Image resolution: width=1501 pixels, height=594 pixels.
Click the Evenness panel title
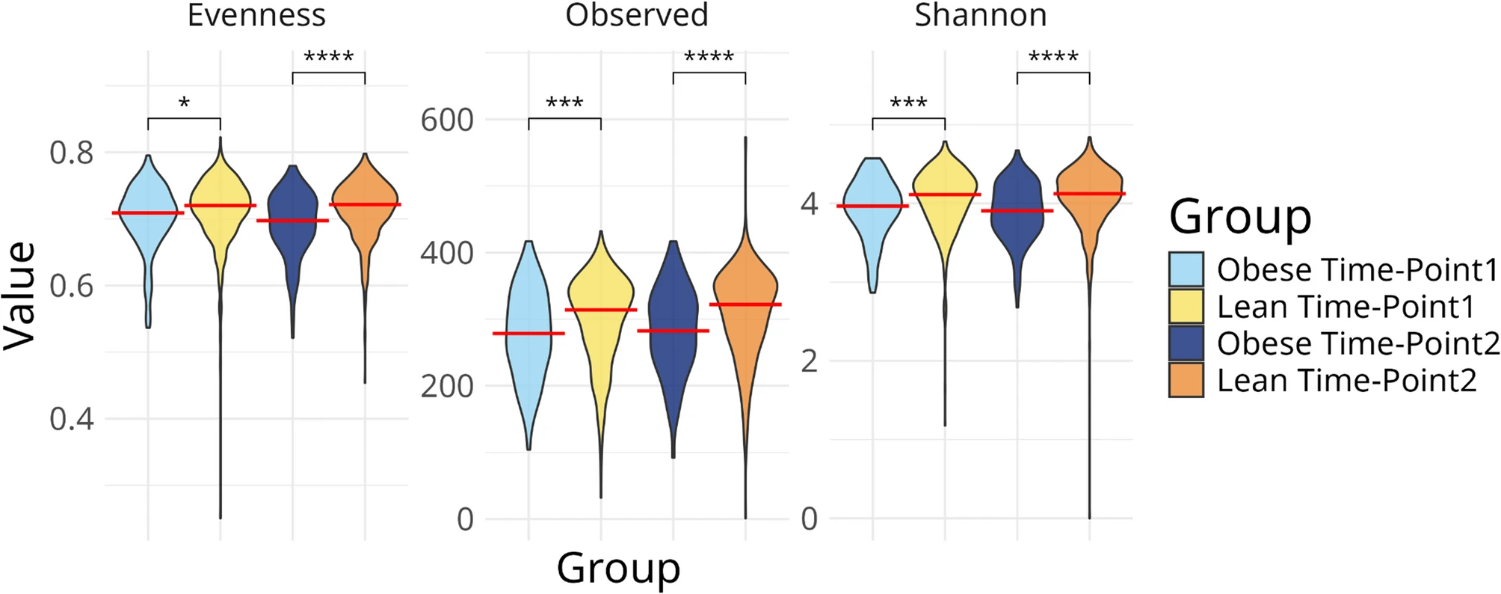256,15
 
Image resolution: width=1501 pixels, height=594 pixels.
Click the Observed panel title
636,15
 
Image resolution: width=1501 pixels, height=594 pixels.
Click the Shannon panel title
980,15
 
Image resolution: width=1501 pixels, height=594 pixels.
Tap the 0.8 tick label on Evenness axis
72,153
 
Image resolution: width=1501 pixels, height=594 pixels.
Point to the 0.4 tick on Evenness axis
72,419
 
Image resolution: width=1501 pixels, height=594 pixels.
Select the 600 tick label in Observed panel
447,120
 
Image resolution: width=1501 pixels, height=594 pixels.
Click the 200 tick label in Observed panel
447,386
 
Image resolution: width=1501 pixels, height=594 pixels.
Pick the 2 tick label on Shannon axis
809,361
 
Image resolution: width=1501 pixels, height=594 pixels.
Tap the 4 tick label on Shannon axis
809,203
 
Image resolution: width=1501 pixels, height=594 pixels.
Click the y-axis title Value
19,296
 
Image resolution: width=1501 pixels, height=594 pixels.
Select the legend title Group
1239,217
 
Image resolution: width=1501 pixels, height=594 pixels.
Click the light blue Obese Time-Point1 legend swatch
1186,269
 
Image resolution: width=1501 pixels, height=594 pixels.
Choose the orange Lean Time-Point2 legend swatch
1186,380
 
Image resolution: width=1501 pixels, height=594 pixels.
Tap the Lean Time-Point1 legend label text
1346,307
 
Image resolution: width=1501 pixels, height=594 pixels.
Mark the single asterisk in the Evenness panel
184,103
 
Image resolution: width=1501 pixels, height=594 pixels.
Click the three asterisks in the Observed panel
564,103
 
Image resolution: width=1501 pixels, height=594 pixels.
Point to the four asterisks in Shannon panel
1052,57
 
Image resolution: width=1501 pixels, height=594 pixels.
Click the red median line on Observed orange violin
745,304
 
